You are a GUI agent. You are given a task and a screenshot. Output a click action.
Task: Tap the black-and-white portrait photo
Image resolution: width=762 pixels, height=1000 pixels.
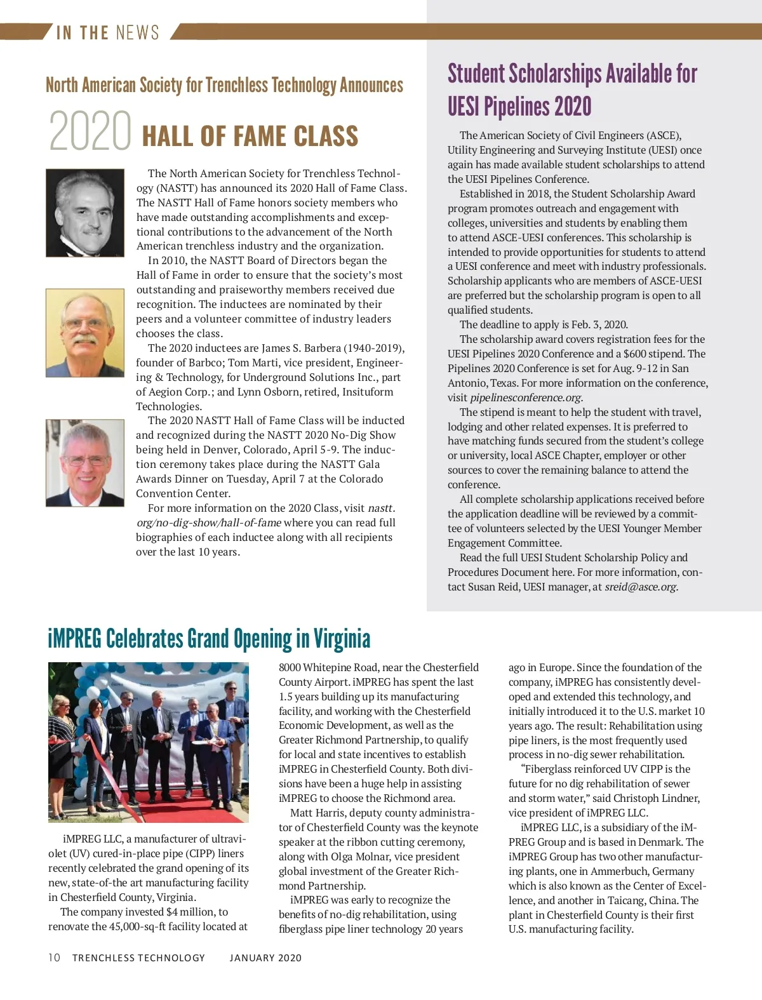(x=85, y=213)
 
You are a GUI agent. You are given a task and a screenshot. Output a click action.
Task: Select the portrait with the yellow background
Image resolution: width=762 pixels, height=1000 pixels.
(x=85, y=333)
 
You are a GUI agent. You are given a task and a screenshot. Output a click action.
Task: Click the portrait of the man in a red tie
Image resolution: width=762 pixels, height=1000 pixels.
(x=85, y=462)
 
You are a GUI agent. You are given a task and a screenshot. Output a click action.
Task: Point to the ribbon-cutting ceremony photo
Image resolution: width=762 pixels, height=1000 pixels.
(x=149, y=742)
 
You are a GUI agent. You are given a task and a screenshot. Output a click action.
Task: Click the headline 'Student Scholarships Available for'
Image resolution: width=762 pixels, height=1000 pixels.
(x=572, y=74)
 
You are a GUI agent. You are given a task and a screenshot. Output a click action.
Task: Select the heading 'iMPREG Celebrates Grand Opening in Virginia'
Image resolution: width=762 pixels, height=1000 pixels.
(x=209, y=639)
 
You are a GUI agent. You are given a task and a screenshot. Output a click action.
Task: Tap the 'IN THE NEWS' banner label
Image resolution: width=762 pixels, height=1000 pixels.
(x=108, y=32)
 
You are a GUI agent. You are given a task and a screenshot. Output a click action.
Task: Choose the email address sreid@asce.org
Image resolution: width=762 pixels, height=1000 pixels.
(x=641, y=587)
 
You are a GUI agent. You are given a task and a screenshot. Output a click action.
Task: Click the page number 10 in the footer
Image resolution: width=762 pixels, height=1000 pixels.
(x=54, y=957)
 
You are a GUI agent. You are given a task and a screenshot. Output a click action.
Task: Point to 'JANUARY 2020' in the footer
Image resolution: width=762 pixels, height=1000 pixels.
(x=265, y=957)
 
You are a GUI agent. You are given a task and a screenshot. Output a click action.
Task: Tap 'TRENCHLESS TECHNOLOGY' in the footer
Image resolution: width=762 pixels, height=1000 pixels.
(x=138, y=957)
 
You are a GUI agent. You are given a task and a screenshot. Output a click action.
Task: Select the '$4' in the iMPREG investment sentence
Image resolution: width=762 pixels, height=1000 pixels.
(x=172, y=912)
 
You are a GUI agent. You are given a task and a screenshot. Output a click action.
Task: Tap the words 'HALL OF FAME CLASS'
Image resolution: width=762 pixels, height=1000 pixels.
(x=250, y=137)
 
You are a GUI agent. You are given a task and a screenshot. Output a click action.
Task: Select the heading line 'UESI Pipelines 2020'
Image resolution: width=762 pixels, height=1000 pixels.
(x=519, y=107)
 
